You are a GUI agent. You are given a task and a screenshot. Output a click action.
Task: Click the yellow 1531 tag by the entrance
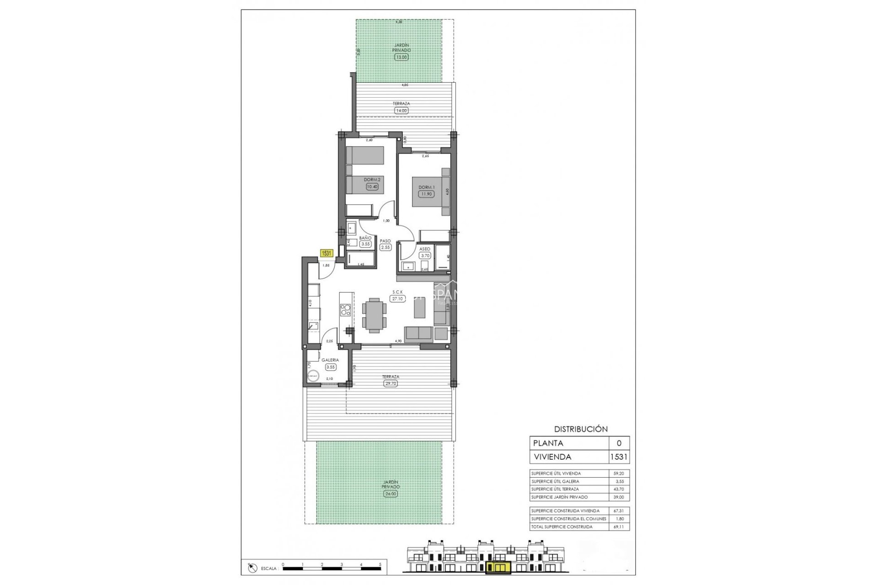pos(327,253)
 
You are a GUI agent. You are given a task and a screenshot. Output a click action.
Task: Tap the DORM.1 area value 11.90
pos(426,194)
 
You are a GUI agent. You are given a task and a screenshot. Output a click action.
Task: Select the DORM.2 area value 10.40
pos(372,186)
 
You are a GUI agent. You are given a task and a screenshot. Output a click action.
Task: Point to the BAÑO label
pos(365,238)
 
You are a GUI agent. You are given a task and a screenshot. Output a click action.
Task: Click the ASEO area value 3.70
pos(425,256)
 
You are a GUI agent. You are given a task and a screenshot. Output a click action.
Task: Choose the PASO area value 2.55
pos(385,247)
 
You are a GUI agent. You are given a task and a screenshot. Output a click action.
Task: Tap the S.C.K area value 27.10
pos(397,298)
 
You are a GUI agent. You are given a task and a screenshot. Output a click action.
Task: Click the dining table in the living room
pos(374,314)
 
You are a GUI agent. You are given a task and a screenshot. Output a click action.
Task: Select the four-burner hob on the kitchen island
pos(346,310)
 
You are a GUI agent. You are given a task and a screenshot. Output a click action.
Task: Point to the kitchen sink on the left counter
pos(313,326)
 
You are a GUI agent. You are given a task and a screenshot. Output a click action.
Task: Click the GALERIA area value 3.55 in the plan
pos(330,367)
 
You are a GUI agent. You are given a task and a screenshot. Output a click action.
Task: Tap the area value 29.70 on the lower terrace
pos(391,383)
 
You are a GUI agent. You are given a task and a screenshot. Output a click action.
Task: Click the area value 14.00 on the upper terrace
pos(401,111)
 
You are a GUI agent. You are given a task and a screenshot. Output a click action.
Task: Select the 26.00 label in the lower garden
pos(390,494)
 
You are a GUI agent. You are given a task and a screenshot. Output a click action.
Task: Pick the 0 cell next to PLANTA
pos(619,443)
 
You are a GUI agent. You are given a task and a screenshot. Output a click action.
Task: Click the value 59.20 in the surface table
pos(618,473)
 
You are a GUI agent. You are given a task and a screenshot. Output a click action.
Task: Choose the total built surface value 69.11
pos(618,527)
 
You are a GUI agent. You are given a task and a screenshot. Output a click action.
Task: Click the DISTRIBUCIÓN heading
pos(581,429)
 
